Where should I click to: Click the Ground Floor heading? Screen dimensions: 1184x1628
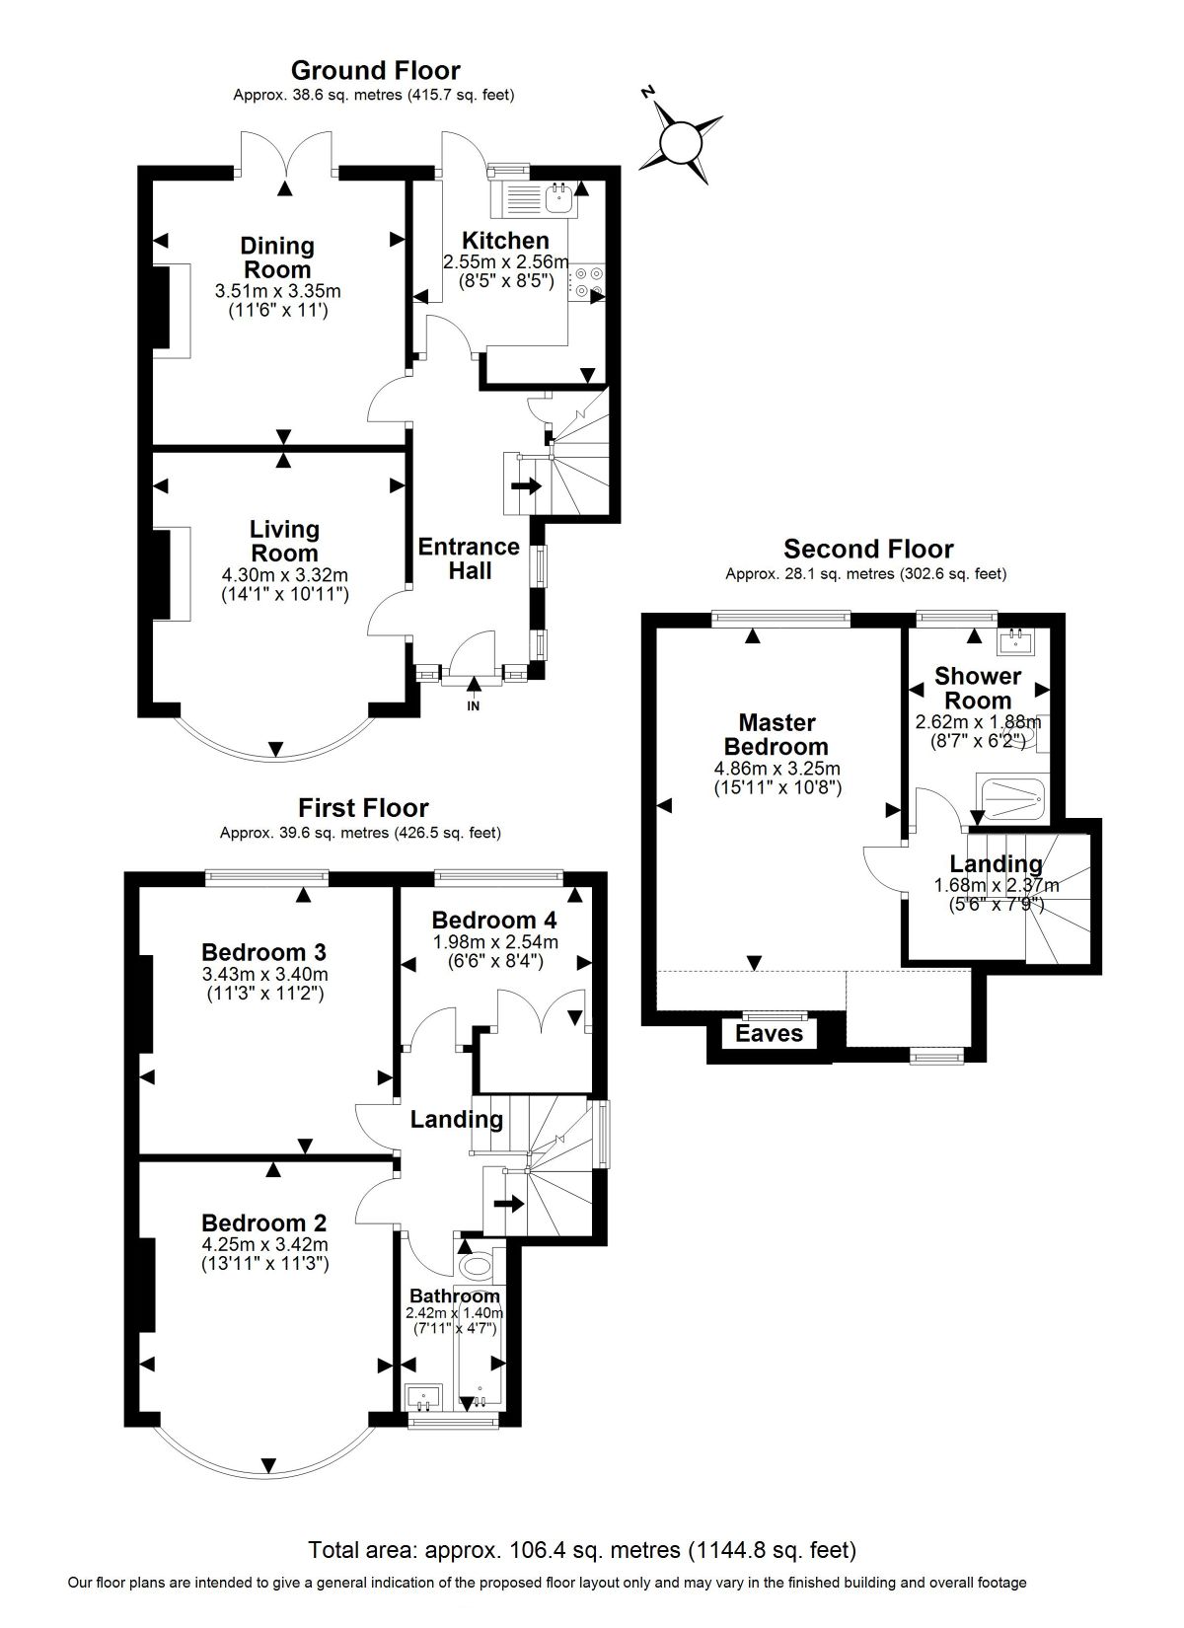click(375, 70)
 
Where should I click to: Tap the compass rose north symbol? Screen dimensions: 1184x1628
click(681, 139)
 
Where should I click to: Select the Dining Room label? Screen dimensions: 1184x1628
click(277, 258)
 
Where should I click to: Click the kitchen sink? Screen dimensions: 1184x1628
click(559, 197)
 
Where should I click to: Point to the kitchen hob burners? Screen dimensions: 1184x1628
click(587, 283)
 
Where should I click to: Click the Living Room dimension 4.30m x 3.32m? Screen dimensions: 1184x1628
click(285, 575)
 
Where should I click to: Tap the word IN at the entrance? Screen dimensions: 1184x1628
click(474, 705)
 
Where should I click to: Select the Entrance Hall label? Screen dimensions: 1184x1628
click(469, 558)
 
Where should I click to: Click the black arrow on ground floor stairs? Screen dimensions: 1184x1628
click(526, 484)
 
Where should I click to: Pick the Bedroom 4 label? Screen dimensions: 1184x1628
click(494, 921)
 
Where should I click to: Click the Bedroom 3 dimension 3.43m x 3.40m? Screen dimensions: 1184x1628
click(264, 974)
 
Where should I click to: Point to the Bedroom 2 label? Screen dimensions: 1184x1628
click(264, 1222)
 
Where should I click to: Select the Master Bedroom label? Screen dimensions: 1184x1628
click(777, 734)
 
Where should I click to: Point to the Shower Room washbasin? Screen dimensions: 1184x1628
click(1017, 641)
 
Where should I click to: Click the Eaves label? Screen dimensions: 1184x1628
click(769, 1033)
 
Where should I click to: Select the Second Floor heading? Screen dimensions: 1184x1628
click(868, 549)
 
